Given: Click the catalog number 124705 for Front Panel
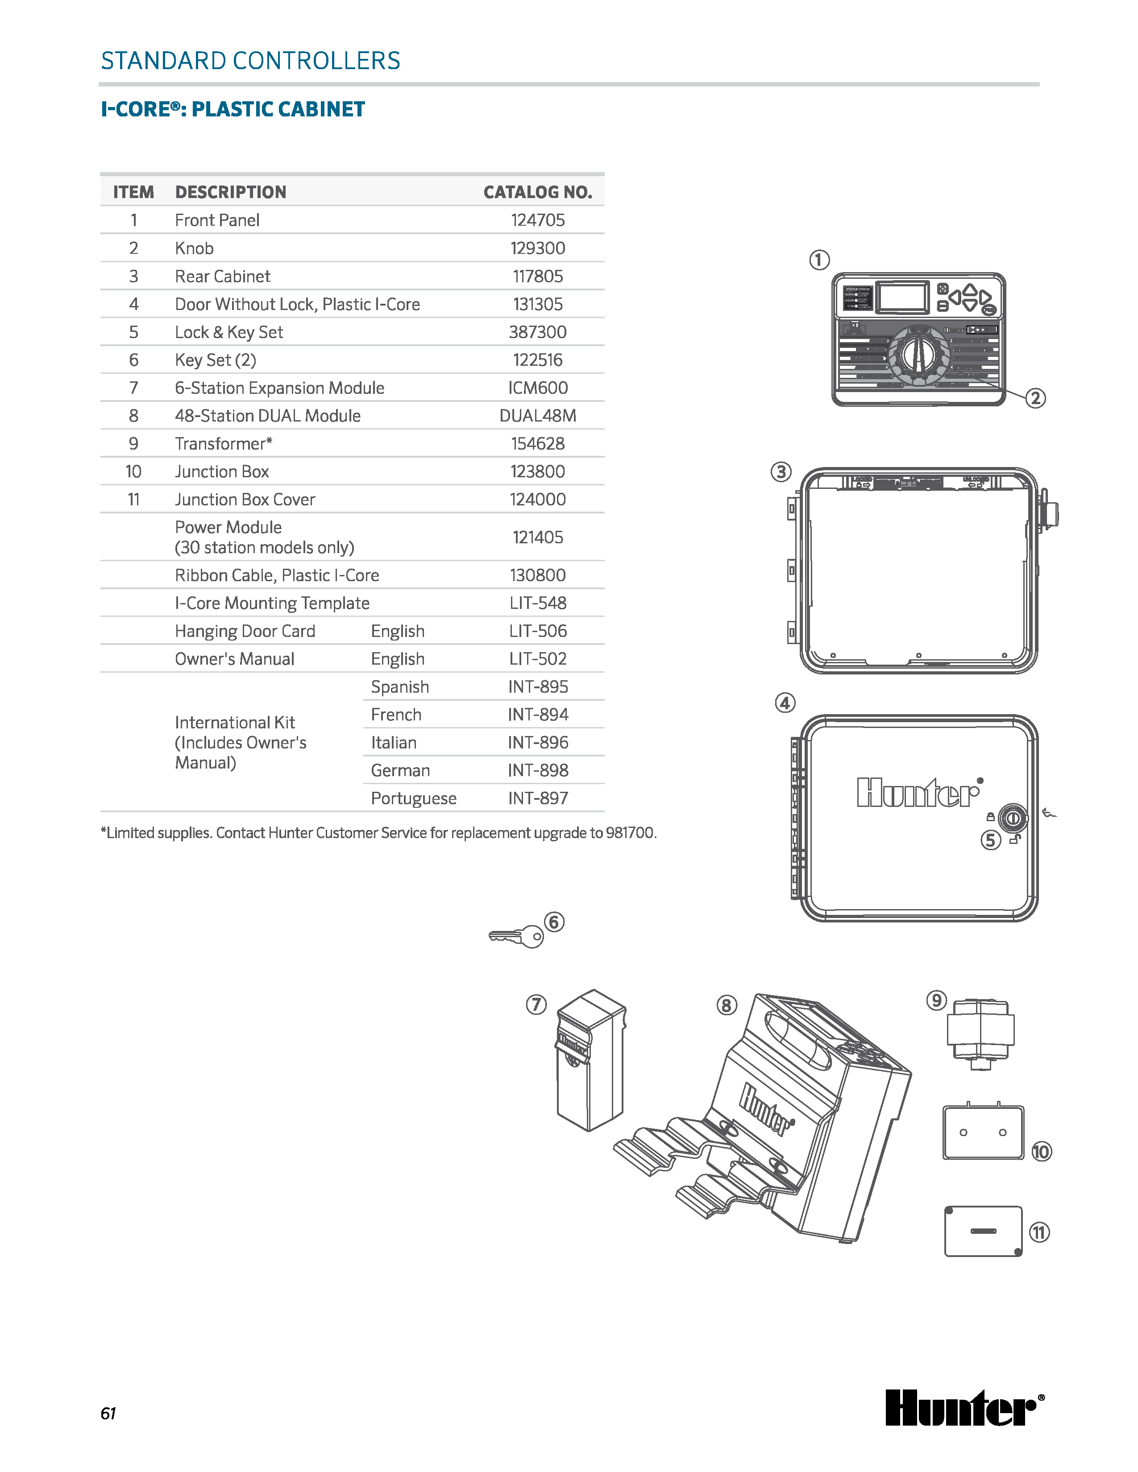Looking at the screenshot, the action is [x=537, y=220].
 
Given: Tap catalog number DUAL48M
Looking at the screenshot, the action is [x=537, y=416].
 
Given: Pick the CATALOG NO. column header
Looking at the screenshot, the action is [x=537, y=192].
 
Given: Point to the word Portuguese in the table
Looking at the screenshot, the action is [x=413, y=799].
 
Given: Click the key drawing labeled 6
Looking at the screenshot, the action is [x=516, y=937].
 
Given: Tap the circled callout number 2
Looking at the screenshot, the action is [x=1035, y=398].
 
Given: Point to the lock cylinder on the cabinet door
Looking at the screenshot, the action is [x=1012, y=819].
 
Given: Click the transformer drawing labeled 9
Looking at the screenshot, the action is [x=980, y=1033].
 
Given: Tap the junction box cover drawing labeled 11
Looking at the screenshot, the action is [x=984, y=1232].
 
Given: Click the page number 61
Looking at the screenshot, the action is [x=108, y=1414].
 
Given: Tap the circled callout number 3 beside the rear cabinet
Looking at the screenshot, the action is [x=781, y=472].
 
